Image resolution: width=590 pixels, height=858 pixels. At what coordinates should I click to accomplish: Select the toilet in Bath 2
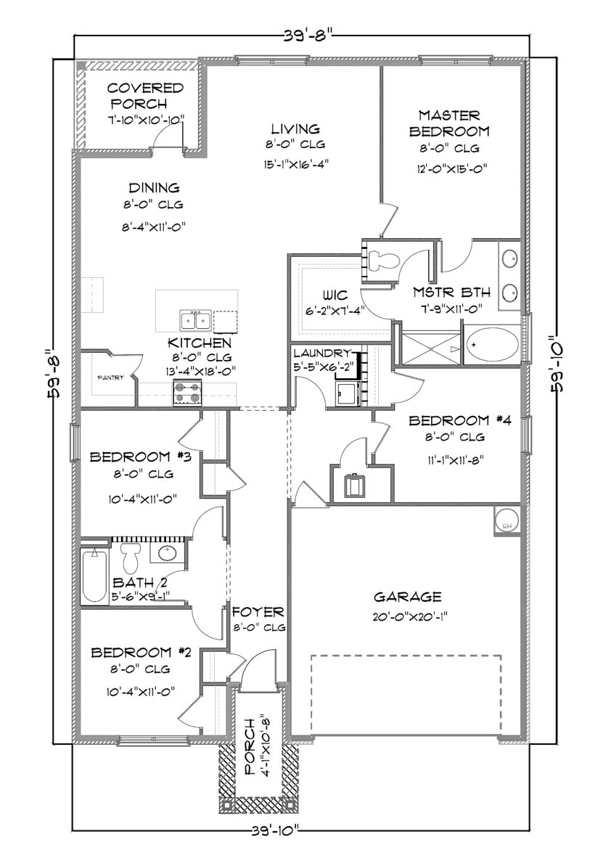tap(131, 557)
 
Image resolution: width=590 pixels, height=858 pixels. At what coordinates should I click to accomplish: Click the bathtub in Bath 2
tap(95, 577)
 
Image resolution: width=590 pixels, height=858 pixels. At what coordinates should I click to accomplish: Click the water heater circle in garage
tap(506, 520)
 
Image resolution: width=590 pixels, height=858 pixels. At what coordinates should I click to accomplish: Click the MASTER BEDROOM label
tap(449, 123)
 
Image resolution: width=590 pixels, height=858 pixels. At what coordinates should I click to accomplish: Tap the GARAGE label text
tap(407, 597)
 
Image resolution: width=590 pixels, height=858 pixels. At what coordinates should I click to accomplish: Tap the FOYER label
tap(258, 612)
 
